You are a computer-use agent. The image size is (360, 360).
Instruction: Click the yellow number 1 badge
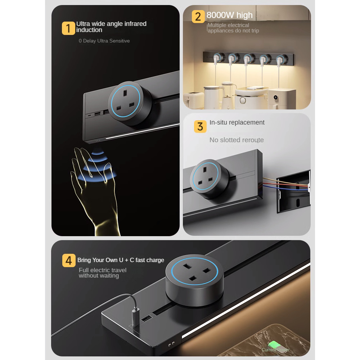point(68,28)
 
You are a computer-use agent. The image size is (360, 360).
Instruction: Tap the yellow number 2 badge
point(198,17)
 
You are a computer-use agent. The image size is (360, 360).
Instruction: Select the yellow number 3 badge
point(200,126)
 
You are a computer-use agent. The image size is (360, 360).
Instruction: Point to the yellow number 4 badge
point(69,261)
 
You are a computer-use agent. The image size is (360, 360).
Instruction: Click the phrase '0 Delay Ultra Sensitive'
point(104,41)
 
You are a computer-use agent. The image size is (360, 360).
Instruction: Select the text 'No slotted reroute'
point(237,140)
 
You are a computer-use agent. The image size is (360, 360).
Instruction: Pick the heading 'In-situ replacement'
point(237,122)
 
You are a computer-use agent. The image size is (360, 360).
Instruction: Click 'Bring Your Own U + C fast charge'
point(121,260)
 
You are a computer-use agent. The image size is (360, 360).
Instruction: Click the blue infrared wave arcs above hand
point(98,165)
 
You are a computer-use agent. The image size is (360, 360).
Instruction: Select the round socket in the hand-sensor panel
point(130,103)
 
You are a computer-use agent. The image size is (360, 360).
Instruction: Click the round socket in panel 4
point(195,280)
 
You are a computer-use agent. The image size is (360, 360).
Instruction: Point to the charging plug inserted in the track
point(135,317)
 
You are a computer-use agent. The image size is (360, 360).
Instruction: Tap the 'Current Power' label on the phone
point(275,350)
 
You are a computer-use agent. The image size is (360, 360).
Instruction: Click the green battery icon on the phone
point(274,345)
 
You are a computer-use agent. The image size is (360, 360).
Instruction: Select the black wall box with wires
point(293,192)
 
